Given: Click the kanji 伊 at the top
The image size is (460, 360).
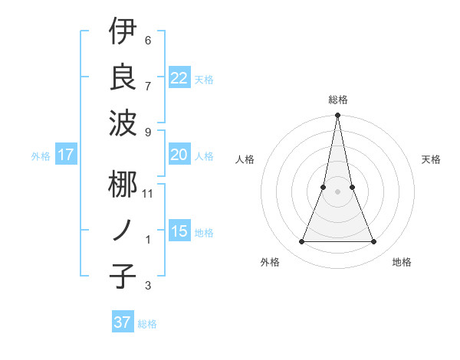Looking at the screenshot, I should point(123,32).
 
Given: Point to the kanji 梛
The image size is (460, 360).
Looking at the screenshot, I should point(123,185).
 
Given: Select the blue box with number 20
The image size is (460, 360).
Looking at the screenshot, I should point(179,155).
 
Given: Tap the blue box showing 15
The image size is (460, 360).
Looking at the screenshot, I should point(179,231).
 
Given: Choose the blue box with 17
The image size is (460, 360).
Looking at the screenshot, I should point(65,155).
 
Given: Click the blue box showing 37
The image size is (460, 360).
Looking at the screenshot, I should point(122,322).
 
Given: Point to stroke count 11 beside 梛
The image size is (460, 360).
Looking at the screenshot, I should point(148,193).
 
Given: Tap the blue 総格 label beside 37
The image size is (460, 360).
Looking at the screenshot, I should point(147,323).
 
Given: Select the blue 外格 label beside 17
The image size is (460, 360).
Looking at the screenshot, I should point(41,156).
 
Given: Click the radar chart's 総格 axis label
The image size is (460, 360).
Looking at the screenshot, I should point(337,100).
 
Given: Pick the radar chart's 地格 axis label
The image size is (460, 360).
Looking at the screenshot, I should point(402,263).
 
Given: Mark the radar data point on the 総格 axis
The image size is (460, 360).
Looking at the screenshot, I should point(337,116).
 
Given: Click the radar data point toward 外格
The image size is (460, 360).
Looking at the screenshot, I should point(301,242).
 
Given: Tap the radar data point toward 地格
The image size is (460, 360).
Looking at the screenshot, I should point(374,242).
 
